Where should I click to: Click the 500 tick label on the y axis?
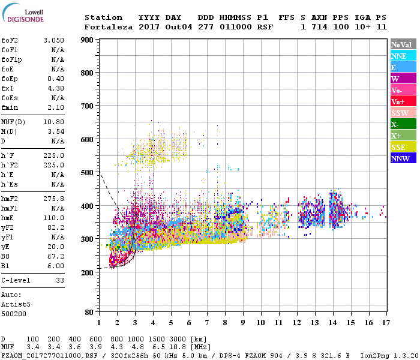(87, 173)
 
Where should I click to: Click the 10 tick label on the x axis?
(261, 323)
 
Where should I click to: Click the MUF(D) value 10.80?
(54, 122)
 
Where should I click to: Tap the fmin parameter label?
(10, 107)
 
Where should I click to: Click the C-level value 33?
(59, 280)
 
